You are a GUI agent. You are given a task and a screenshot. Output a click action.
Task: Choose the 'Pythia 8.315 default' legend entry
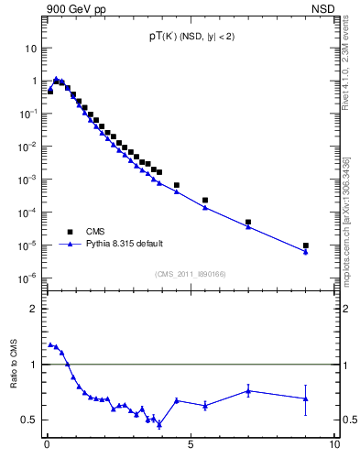(x=124, y=244)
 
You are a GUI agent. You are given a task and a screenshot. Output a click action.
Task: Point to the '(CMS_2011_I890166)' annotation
(x=190, y=273)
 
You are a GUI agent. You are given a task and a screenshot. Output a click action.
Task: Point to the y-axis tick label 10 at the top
(x=30, y=48)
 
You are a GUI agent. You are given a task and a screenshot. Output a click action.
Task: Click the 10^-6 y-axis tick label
(x=28, y=278)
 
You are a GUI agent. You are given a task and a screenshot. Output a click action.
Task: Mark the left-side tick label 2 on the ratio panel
(x=33, y=309)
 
